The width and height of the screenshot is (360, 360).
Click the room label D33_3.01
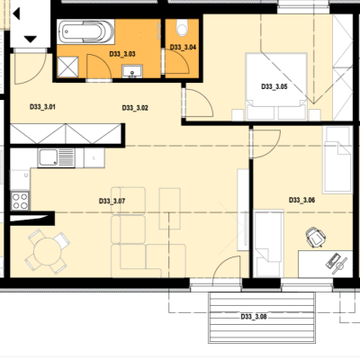click(42, 107)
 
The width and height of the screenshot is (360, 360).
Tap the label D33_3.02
click(135, 108)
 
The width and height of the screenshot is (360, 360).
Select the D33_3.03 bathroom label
click(122, 54)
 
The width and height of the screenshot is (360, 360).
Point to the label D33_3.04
click(183, 47)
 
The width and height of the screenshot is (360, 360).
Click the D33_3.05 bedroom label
click(274, 86)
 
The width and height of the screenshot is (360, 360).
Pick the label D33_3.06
click(301, 200)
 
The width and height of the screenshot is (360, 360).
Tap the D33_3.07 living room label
click(112, 201)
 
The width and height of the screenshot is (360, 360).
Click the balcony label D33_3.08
click(254, 317)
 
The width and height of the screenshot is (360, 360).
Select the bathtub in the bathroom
click(85, 31)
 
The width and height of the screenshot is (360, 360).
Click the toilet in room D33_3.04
click(182, 28)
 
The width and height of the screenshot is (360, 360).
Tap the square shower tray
click(67, 67)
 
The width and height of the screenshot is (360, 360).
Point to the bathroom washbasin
click(132, 71)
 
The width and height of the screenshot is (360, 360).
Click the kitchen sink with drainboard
click(57, 158)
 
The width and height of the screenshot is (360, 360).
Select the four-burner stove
click(21, 201)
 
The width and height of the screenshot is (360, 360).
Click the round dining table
click(47, 252)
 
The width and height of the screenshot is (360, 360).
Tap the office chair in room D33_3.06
click(316, 237)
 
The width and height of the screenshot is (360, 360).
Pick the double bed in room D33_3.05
click(276, 86)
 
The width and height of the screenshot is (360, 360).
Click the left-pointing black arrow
click(16, 13)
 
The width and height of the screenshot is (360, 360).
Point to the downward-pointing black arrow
click(31, 40)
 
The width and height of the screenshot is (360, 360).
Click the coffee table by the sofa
click(170, 209)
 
